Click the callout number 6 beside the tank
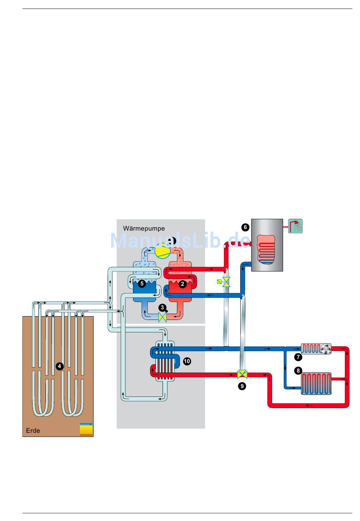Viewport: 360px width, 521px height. coord(245,227)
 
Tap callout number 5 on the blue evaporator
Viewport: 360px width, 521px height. coord(142,284)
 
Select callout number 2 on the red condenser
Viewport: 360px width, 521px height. coord(182,284)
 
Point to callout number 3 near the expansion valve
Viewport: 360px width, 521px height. coord(162,308)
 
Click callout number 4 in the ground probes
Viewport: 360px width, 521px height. coord(59,366)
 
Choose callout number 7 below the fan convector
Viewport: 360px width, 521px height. coord(298,357)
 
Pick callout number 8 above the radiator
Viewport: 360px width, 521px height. coord(298,371)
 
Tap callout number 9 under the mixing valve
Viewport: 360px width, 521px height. coord(242,386)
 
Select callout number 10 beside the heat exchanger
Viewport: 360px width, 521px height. coord(186,361)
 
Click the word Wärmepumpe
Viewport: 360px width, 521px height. coord(144,229)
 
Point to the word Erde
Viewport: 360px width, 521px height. coord(33,431)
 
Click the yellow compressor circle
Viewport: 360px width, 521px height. coord(163,251)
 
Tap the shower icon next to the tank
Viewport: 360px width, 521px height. coord(296,226)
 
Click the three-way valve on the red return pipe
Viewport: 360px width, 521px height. coord(242,374)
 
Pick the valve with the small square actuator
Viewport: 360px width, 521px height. coord(226,282)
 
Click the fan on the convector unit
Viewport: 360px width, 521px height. coord(326,349)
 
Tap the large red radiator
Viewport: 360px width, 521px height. coord(316,384)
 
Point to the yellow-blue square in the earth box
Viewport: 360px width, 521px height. coord(86,429)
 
